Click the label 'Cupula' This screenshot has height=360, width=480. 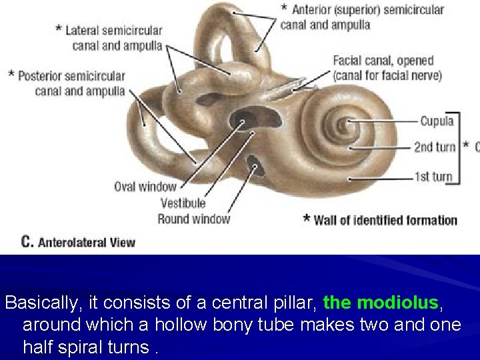[437, 121]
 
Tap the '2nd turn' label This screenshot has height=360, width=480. [435, 147]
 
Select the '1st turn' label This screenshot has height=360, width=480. [433, 177]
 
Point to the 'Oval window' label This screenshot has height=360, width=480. [145, 187]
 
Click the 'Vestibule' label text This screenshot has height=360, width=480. [183, 203]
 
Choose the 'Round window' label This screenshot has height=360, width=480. [193, 218]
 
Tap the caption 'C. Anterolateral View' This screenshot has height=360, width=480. [78, 242]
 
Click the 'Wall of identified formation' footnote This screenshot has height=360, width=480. [385, 220]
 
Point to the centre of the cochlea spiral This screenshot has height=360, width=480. [346, 125]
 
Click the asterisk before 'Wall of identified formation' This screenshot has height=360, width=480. [307, 218]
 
